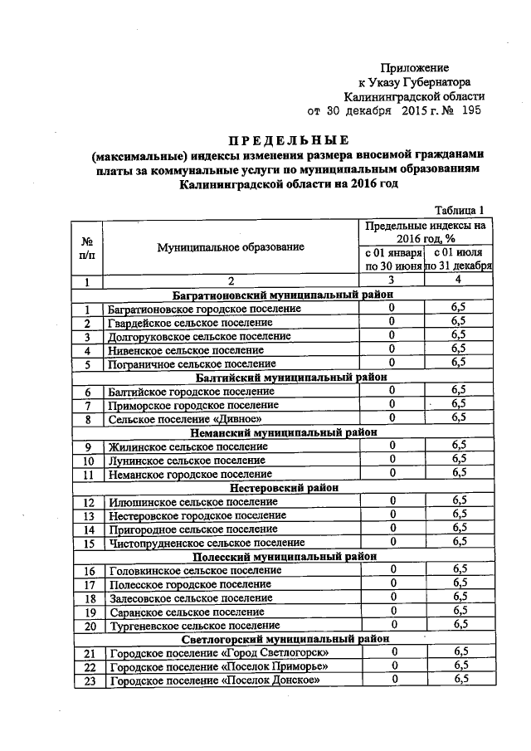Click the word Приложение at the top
(415, 67)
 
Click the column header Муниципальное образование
(231, 246)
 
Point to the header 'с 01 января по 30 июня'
(392, 259)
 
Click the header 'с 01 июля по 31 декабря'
(459, 259)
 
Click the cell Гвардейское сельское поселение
(190, 322)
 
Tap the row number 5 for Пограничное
(86, 363)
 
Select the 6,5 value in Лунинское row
(459, 459)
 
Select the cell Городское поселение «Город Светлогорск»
(220, 653)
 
